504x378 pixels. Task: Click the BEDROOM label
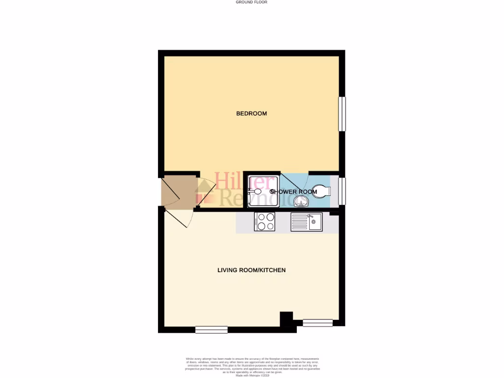coord(252,114)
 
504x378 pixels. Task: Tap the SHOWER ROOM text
coord(293,191)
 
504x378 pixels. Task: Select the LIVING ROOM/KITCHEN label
coord(252,270)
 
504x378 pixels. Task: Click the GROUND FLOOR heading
coord(252,2)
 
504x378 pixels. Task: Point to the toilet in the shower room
coord(321,191)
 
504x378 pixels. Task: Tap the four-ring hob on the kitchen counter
coord(264,222)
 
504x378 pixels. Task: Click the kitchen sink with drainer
coord(306,222)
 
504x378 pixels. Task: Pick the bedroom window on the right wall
coord(342,114)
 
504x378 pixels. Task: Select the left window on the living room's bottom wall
coord(211,330)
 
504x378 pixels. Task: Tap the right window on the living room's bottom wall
coord(317,323)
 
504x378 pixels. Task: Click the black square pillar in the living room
coord(286,318)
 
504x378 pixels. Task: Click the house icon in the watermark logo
coord(206,192)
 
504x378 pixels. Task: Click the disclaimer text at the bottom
coord(252,366)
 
